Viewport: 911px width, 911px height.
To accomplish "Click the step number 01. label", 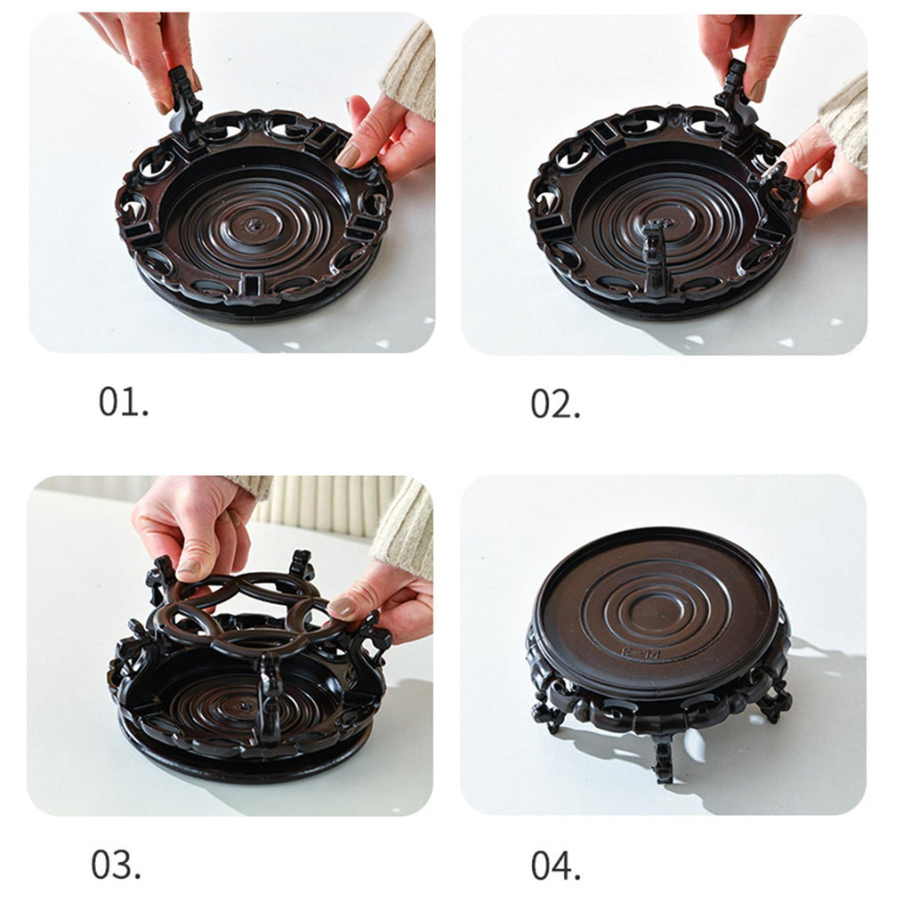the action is (123, 401).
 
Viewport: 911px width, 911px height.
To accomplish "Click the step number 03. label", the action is (116, 864).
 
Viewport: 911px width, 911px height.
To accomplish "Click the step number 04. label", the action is (555, 866).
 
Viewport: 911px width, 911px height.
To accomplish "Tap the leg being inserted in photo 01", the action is (183, 99).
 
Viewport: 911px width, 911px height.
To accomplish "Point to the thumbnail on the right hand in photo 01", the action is (350, 156).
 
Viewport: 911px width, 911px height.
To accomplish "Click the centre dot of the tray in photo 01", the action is (254, 223).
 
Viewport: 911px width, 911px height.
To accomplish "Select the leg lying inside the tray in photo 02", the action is (655, 254).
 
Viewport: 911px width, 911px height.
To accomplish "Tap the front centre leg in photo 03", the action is (270, 697).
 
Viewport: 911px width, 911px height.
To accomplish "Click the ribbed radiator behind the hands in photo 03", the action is (326, 504).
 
